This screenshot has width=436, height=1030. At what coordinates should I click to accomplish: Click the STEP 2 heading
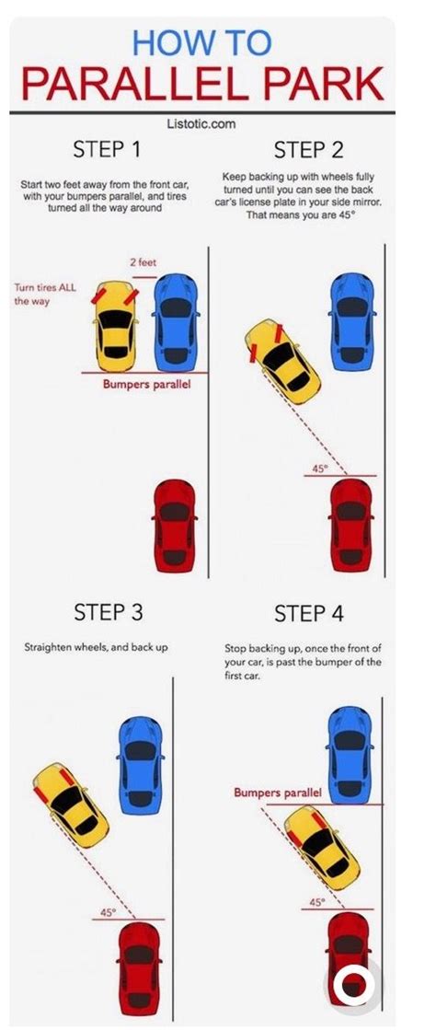click(309, 149)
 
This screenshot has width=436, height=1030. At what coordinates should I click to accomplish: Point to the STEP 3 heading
click(109, 611)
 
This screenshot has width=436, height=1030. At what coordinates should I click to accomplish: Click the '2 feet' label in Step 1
click(143, 262)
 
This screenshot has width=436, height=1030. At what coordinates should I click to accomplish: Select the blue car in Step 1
click(176, 321)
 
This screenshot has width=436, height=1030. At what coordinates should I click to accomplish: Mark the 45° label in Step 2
click(319, 469)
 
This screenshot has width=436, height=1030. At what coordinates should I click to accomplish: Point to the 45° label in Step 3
click(109, 912)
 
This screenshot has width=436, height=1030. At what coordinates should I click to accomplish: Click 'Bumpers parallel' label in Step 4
click(278, 793)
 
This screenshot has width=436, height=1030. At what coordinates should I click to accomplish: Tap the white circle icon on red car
click(351, 986)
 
